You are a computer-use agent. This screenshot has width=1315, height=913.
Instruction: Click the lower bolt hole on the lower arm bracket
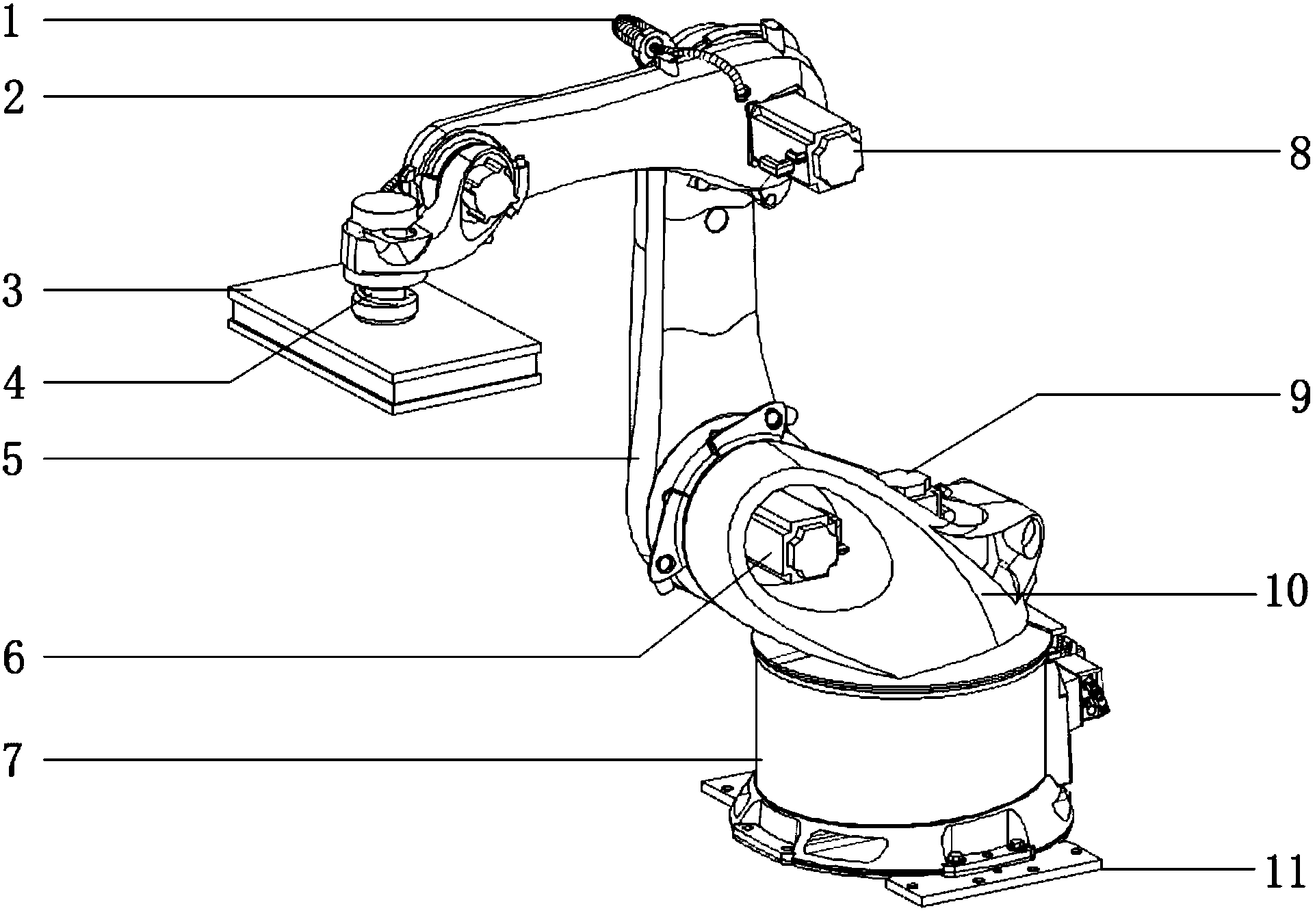662,564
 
